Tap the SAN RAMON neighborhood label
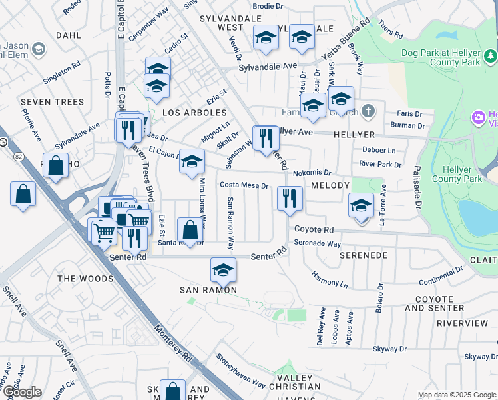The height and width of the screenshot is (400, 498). (x=208, y=290)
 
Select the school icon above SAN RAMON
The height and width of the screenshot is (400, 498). (x=223, y=269)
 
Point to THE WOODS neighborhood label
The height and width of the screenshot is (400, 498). (x=85, y=278)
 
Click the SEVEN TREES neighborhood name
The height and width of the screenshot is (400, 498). (x=53, y=102)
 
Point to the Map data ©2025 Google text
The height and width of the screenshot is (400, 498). (x=457, y=395)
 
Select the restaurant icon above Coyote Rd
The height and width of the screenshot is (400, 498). (x=290, y=198)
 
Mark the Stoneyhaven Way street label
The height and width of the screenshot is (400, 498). (x=240, y=371)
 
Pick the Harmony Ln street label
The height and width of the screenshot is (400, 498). (x=330, y=279)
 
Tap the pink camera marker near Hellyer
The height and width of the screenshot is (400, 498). (x=477, y=118)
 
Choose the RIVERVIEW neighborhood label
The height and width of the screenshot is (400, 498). (x=462, y=323)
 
